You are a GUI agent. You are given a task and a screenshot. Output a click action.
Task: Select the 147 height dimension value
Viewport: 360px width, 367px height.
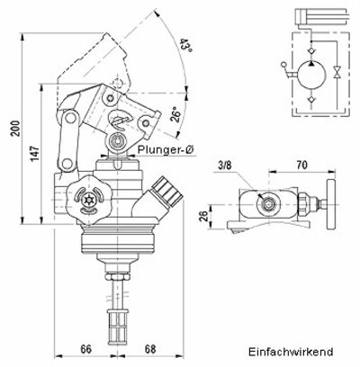click(32, 153)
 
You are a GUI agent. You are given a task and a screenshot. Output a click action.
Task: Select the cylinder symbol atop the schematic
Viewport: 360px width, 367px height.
click(316, 14)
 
